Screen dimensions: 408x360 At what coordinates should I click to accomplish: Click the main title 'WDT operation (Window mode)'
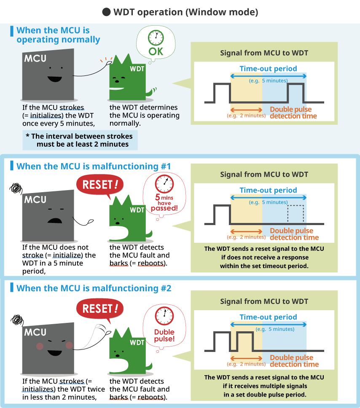tap(185, 12)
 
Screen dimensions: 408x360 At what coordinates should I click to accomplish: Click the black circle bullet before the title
tap(107, 12)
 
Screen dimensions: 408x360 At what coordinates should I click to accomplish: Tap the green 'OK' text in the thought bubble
tap(156, 51)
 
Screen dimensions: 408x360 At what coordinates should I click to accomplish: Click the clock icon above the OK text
tap(156, 38)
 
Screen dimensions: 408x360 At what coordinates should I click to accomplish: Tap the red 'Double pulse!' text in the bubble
tap(164, 336)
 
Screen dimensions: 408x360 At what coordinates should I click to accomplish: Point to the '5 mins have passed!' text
tap(164, 202)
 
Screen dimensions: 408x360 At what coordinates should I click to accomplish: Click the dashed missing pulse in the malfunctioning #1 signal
tap(295, 215)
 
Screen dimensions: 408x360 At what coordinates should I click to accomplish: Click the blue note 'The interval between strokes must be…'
tap(79, 140)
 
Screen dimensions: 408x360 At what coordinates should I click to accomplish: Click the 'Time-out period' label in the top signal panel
tap(268, 69)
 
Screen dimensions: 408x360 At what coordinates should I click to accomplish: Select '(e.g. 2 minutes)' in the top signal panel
tap(246, 115)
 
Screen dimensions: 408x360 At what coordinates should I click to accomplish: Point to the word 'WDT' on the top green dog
tap(137, 68)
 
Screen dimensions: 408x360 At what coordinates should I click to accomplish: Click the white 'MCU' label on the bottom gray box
tap(35, 333)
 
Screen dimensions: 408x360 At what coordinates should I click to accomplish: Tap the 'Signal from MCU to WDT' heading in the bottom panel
tap(264, 301)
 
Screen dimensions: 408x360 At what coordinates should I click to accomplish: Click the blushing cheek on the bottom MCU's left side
tap(40, 346)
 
